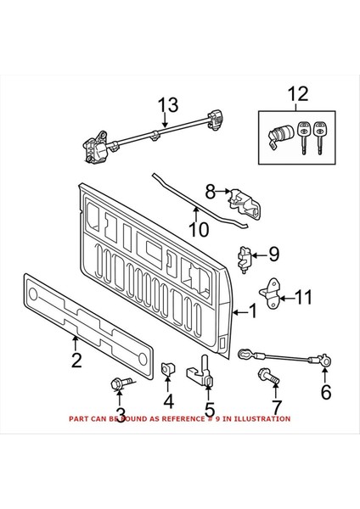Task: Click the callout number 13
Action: coord(168,105)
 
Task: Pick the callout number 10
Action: coord(197,229)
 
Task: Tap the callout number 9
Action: coord(274,254)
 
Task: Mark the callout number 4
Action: coord(168,400)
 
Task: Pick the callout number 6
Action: coord(325,391)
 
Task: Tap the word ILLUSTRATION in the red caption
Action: coord(260,418)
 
